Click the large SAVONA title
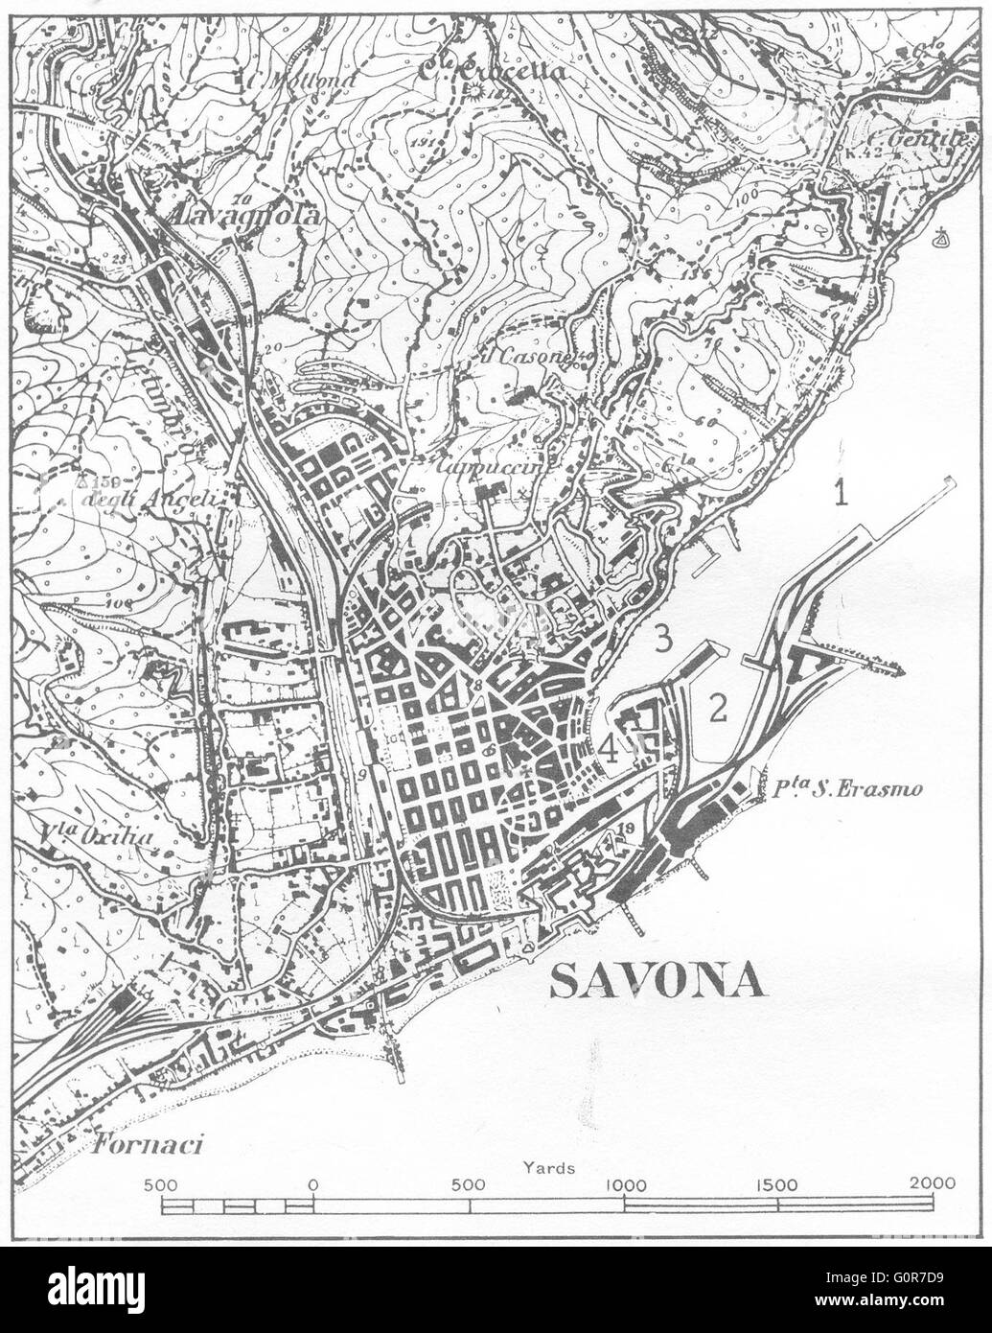pyautogui.click(x=657, y=981)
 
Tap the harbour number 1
pyautogui.click(x=841, y=495)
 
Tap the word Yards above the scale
pyautogui.click(x=549, y=1168)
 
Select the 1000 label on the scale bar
pyautogui.click(x=625, y=1182)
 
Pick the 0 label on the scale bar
pyautogui.click(x=313, y=1182)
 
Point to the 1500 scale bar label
pyautogui.click(x=778, y=1182)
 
